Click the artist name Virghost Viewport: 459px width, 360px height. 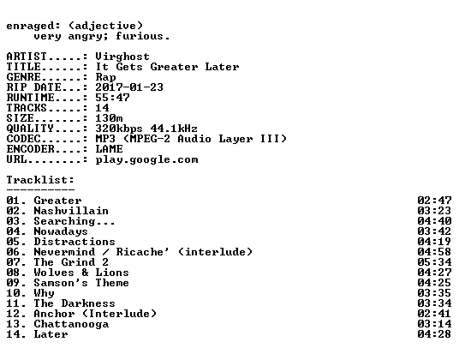(122, 57)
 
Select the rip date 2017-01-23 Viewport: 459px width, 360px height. (129, 87)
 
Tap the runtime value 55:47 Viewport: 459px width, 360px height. (112, 97)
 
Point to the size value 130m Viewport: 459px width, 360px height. (109, 118)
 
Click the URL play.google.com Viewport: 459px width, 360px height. (146, 160)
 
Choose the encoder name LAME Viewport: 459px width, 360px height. (109, 149)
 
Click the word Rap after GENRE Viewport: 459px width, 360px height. (105, 77)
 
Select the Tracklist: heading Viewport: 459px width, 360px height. (40, 179)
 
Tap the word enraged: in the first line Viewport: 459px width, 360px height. (33, 26)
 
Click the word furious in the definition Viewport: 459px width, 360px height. (140, 36)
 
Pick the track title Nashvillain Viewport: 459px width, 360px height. (71, 211)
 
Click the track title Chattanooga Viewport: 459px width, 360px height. (71, 324)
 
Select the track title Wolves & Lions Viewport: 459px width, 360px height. (81, 273)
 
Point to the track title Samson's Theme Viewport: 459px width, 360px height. (81, 283)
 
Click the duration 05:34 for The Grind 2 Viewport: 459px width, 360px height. (434, 262)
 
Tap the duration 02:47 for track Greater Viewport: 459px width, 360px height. (434, 201)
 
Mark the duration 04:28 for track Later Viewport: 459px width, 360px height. (434, 334)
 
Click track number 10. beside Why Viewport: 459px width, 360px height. (16, 293)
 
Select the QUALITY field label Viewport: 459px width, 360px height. (30, 129)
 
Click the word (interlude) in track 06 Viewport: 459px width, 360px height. (215, 252)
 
